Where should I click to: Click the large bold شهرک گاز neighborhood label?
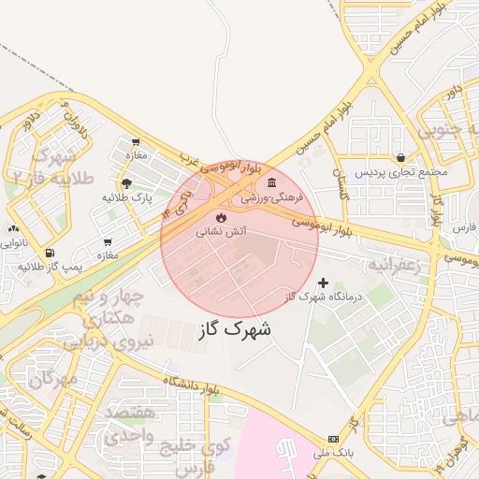pyautogui.click(x=235, y=329)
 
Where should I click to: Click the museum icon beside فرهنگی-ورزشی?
pyautogui.click(x=271, y=181)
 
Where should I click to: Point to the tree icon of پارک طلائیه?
pyautogui.click(x=126, y=182)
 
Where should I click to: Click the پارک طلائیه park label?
pyautogui.click(x=127, y=198)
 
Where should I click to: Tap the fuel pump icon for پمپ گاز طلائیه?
pyautogui.click(x=49, y=253)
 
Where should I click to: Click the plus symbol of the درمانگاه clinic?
pyautogui.click(x=324, y=282)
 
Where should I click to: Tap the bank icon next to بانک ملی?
pyautogui.click(x=333, y=440)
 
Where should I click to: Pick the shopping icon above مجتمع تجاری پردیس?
pyautogui.click(x=401, y=157)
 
